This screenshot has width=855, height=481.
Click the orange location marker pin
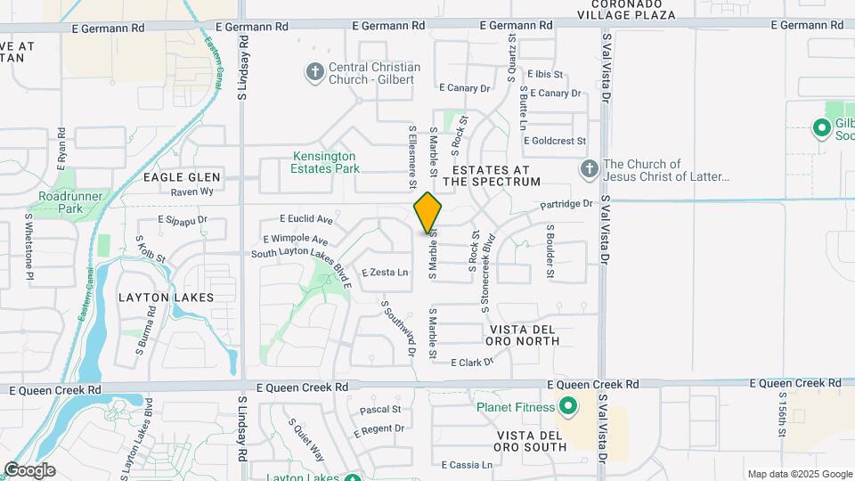(428, 213)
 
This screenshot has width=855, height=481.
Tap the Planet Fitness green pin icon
(567, 408)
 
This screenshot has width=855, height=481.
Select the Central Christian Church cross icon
(313, 72)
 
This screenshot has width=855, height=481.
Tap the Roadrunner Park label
(60, 203)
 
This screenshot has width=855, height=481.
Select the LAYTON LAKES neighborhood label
(166, 298)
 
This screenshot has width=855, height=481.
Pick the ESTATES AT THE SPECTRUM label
(492, 175)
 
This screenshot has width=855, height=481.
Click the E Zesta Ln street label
(385, 273)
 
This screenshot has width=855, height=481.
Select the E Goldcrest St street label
(555, 141)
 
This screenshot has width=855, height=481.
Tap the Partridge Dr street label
(566, 204)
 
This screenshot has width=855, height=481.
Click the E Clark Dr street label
(472, 363)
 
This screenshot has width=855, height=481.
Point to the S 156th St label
(782, 414)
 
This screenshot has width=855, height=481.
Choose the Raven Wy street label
(192, 192)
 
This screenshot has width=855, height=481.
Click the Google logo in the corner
(29, 469)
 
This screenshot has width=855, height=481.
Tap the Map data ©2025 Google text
(799, 474)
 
